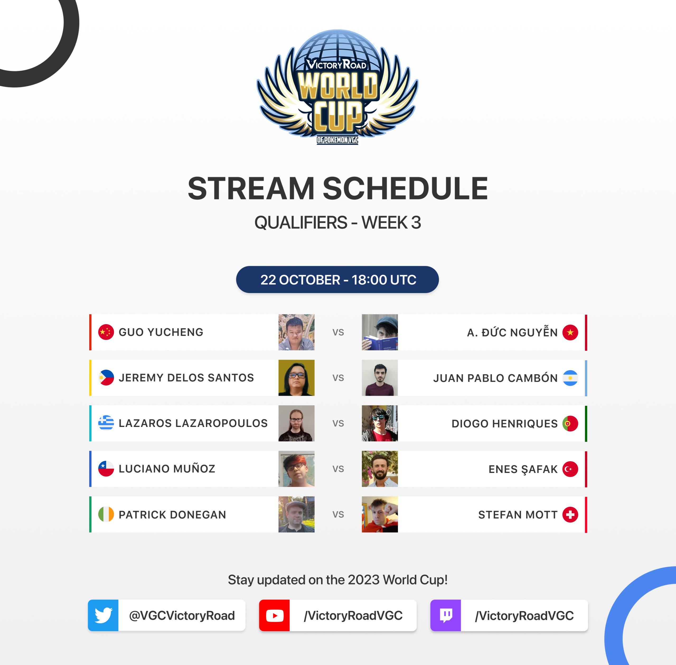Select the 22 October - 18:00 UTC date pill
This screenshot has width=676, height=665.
tap(337, 280)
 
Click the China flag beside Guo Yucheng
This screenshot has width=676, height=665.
tap(106, 332)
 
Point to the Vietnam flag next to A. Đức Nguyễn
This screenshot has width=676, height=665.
tap(570, 332)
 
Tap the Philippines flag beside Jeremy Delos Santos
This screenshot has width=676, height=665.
tap(106, 378)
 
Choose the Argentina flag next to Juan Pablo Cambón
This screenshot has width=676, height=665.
tap(570, 378)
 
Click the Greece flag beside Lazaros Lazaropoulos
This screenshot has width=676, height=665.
tap(106, 423)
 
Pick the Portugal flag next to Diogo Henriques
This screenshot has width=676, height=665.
tap(570, 423)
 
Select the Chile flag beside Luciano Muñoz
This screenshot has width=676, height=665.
tap(106, 469)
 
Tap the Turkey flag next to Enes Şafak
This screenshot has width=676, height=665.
tap(570, 469)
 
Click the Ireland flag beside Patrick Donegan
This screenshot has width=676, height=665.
tap(106, 514)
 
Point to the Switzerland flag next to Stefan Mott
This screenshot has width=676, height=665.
tap(570, 514)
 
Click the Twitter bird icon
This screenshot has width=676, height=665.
tap(103, 615)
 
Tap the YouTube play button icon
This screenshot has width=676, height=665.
tap(274, 615)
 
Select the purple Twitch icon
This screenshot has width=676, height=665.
tap(446, 615)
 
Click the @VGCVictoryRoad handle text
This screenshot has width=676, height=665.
tap(182, 615)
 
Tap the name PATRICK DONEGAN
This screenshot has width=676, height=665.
tap(172, 514)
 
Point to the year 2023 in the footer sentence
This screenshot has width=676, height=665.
tap(364, 580)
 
